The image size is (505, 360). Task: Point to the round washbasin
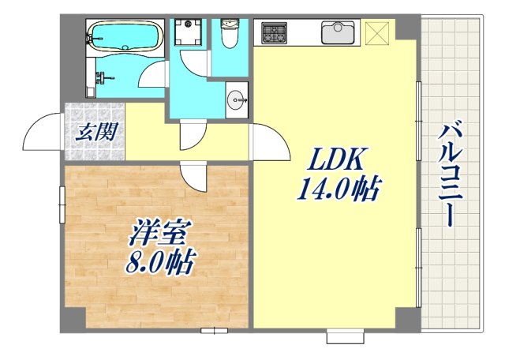[236, 99]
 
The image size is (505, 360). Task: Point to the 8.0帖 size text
[160, 263]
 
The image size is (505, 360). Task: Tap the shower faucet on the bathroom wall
[101, 77]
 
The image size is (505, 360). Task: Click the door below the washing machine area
[190, 135]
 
